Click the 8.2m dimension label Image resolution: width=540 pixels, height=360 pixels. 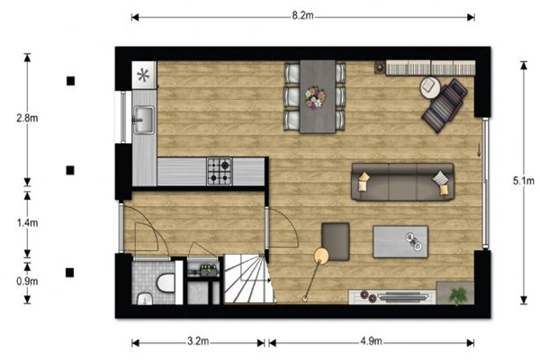tap(302, 15)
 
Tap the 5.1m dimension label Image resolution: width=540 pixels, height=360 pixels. tap(524, 181)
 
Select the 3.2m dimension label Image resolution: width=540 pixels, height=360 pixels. tap(198, 341)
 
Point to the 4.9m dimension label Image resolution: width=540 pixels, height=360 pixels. tap(371, 341)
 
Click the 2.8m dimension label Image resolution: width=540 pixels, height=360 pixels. tap(27, 118)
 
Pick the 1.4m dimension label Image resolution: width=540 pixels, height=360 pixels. tap(27, 222)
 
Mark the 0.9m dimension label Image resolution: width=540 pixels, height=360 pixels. tap(27, 281)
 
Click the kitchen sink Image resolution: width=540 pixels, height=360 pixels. tap(144, 120)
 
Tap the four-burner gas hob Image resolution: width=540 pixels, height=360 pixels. tap(220, 171)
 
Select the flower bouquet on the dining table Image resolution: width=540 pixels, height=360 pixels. tap(315, 98)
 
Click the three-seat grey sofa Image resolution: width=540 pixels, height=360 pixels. tap(402, 182)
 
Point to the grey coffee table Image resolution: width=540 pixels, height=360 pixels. tap(400, 241)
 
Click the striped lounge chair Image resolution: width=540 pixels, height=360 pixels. tap(445, 105)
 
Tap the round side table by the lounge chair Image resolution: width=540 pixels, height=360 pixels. tap(430, 87)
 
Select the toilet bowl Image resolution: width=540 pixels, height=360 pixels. tap(166, 283)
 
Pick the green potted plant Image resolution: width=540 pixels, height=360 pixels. tap(458, 295)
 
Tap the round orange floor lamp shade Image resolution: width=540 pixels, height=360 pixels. tap(321, 256)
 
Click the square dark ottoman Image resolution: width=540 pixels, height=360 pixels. tap(336, 241)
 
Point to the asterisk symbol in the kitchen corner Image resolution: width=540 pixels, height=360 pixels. tap(143, 75)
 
